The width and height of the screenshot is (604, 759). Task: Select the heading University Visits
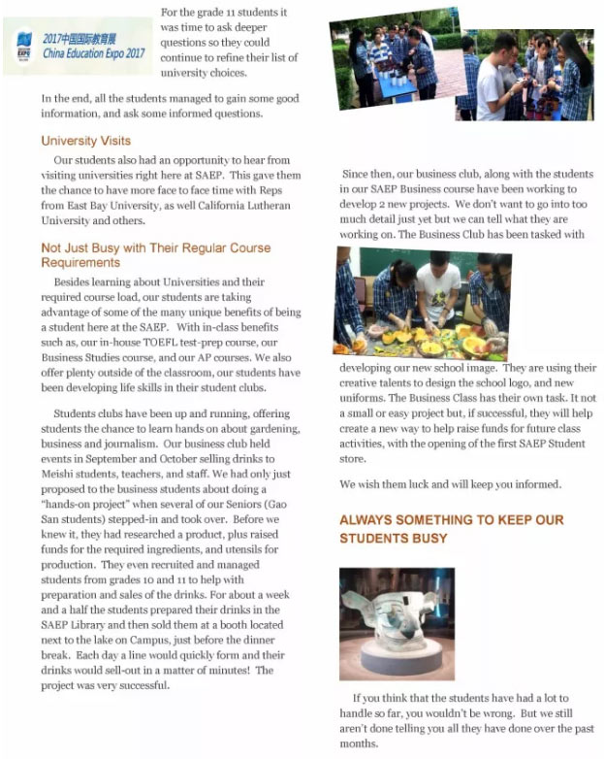[x=85, y=141]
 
